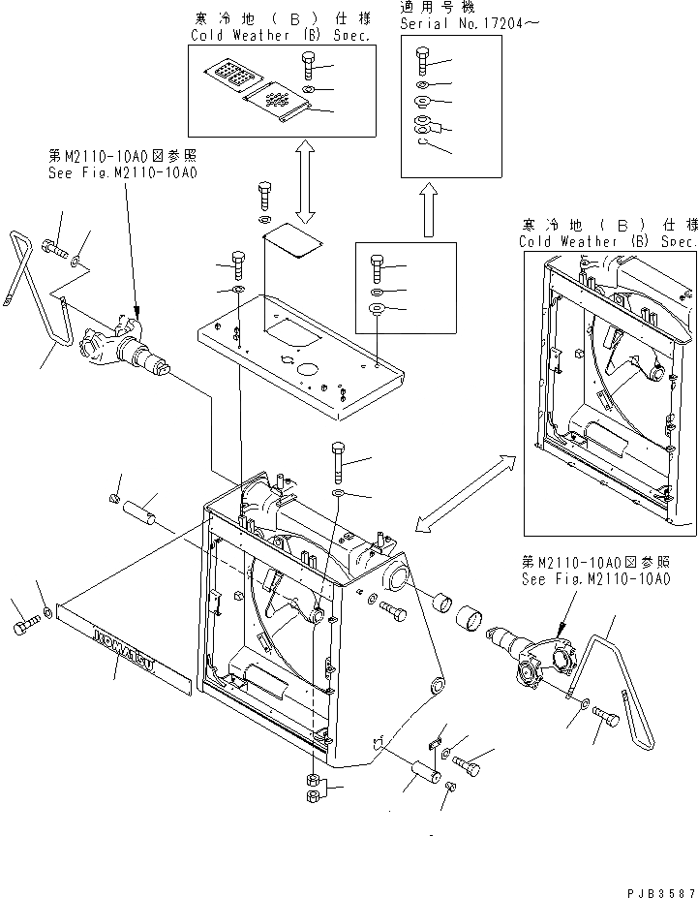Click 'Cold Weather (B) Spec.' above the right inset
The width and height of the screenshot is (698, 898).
[607, 241]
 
